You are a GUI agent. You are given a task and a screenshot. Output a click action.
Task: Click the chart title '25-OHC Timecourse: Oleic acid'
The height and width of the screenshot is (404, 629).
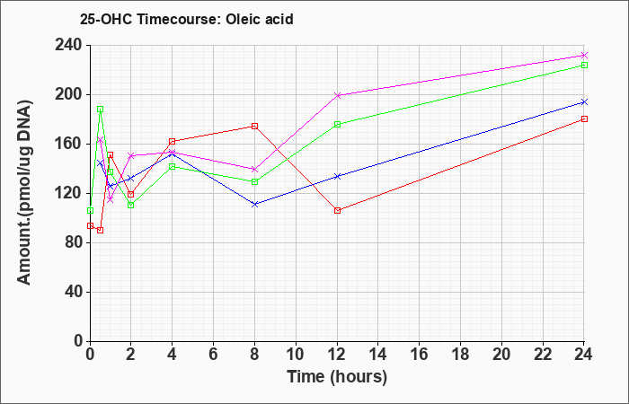187,19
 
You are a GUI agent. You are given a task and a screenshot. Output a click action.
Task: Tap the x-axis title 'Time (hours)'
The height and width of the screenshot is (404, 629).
337,377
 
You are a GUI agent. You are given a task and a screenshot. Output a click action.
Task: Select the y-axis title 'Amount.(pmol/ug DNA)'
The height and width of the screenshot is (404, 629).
25,192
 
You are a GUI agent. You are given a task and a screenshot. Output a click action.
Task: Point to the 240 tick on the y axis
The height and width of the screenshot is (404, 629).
71,45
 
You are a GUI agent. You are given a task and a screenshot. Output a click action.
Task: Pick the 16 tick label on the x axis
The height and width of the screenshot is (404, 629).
420,355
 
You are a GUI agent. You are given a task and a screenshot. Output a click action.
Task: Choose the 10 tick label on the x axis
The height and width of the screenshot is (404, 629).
296,355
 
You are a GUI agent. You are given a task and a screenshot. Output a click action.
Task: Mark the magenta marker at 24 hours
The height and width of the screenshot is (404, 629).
584,56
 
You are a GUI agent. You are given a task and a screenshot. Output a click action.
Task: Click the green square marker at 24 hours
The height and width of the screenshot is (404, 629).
584,65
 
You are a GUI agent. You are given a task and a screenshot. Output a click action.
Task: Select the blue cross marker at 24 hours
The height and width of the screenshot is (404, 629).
584,102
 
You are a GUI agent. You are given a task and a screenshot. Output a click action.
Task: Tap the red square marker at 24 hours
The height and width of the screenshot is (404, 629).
584,119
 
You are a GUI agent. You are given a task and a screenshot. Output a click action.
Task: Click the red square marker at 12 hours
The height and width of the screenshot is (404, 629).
337,210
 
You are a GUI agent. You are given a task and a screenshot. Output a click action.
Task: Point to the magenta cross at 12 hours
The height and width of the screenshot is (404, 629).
337,95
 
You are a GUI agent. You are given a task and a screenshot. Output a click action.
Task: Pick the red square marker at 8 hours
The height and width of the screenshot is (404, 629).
254,127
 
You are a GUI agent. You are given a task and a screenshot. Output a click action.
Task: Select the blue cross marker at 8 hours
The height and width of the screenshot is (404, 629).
254,204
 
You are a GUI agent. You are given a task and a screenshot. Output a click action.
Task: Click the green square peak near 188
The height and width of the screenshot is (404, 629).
101,109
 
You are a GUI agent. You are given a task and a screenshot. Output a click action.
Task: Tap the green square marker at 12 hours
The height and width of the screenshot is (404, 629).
337,124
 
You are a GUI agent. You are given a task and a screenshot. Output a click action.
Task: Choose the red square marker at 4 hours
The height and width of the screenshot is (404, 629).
173,141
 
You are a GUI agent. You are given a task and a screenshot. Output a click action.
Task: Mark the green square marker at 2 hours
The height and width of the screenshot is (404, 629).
131,206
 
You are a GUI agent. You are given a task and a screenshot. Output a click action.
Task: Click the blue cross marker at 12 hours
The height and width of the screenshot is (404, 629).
337,176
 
